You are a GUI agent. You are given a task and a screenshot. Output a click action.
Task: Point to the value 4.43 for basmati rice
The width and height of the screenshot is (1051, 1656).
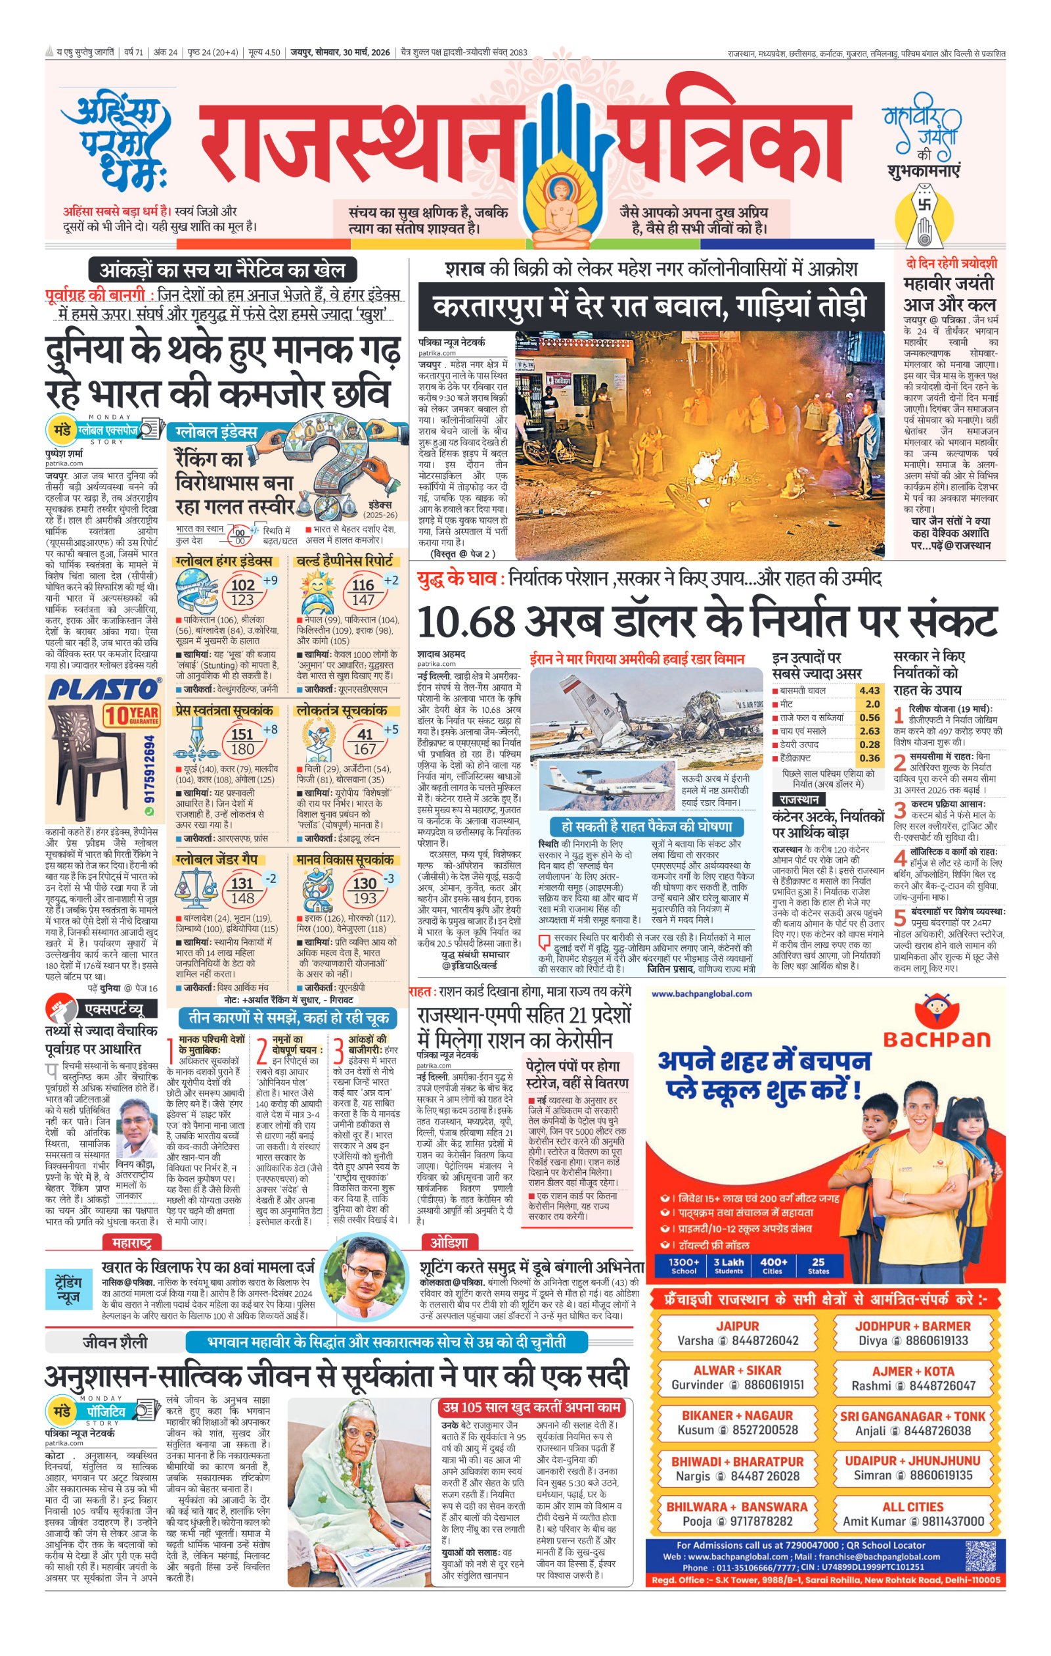(x=869, y=690)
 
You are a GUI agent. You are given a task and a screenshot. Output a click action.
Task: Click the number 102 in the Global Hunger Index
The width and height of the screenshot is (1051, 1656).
(x=242, y=585)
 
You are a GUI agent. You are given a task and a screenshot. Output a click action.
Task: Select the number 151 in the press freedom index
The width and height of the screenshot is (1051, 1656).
(x=242, y=734)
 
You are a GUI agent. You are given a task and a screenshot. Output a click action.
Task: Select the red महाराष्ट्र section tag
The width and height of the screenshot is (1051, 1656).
(x=132, y=1242)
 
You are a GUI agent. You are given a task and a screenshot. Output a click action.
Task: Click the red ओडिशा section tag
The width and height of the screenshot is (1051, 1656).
(x=449, y=1242)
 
